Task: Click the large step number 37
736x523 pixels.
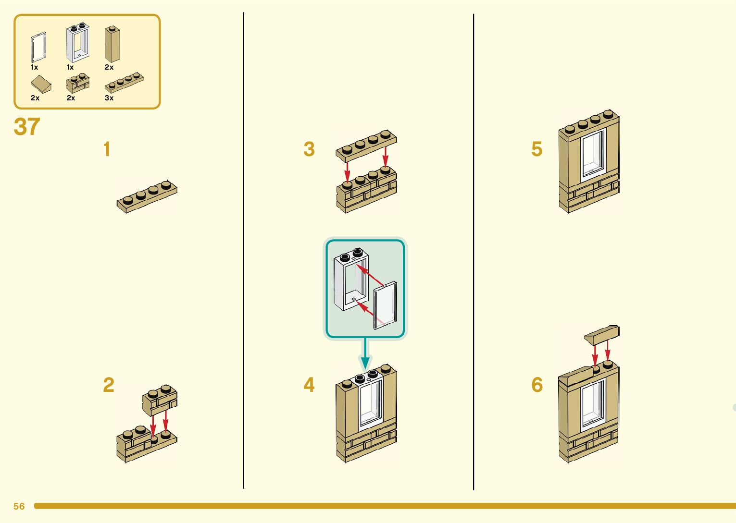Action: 27,127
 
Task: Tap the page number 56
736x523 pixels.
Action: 19,506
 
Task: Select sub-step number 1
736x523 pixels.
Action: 107,149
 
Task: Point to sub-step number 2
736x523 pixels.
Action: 109,385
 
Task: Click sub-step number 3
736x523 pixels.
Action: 309,149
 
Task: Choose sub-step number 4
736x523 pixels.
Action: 309,385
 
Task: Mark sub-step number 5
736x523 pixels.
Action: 537,149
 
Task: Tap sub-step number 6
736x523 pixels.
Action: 537,385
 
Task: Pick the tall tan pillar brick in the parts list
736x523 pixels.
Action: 112,44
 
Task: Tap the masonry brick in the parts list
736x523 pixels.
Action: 77,84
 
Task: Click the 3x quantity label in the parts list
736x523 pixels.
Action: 109,98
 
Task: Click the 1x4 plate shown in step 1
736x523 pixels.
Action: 147,196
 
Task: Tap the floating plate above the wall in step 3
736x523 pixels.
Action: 366,145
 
